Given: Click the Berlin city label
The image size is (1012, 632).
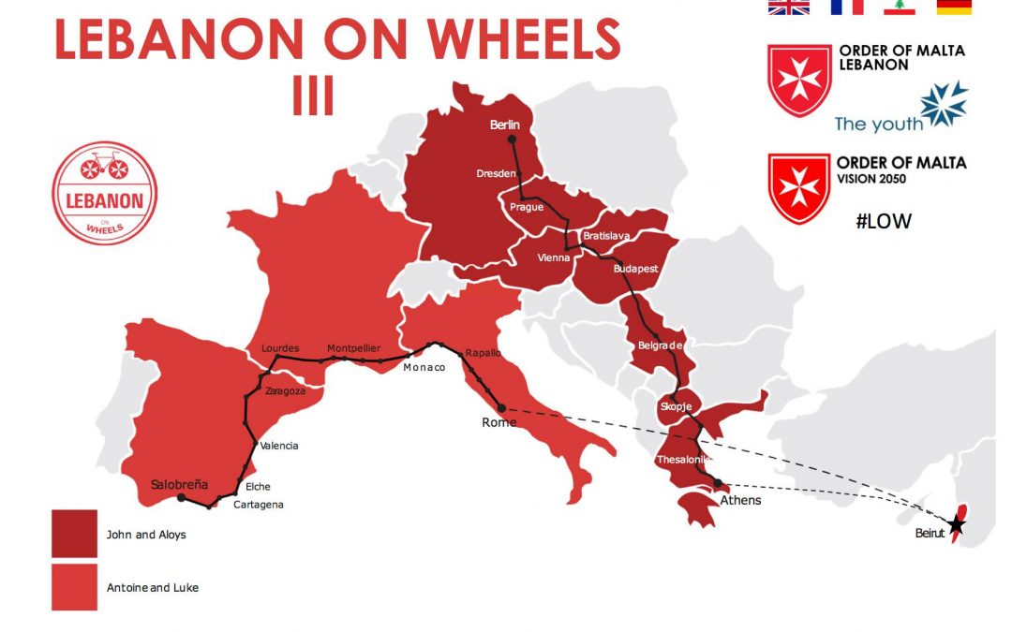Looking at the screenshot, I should tap(504, 125).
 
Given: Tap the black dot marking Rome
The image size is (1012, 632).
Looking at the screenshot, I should tap(501, 407).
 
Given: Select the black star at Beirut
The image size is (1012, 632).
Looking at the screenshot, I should tap(955, 524).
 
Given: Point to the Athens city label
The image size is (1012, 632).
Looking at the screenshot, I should tap(740, 500).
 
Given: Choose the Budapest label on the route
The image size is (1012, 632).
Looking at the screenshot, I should tap(635, 269).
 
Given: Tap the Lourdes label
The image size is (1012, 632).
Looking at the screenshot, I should tap(280, 348).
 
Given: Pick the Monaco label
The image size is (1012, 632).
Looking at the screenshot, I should tap(424, 368).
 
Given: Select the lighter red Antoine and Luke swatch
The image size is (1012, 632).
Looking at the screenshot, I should tap(74, 587).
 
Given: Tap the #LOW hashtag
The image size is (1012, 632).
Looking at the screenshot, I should tap(884, 221).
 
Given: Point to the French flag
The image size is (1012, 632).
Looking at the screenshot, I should tap(846, 7).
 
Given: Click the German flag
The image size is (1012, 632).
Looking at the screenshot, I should tap(954, 7).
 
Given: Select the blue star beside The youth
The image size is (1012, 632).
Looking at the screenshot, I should tap(945, 104).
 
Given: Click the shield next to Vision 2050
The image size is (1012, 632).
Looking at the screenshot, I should tap(799, 188).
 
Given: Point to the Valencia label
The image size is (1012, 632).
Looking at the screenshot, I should tap(279, 446).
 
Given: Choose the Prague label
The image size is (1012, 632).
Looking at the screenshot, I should tap(526, 207).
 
